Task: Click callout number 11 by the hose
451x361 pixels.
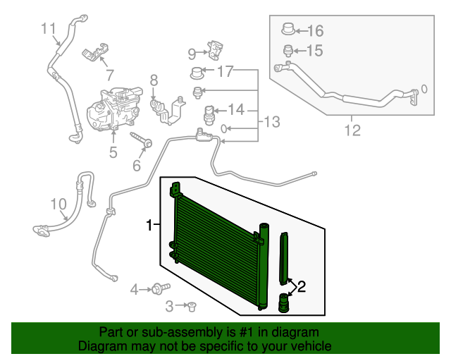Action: tap(49, 28)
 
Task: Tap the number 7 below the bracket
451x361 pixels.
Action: tap(110, 75)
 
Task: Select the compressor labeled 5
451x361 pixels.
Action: tap(114, 109)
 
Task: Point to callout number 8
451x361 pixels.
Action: tap(154, 80)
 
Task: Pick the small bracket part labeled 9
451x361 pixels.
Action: tap(215, 50)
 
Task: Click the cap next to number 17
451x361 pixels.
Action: tap(197, 73)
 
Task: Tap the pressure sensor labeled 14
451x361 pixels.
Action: tap(209, 115)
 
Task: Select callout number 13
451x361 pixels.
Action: tap(271, 122)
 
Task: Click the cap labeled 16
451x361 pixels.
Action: tap(288, 29)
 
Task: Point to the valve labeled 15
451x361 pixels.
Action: tap(288, 51)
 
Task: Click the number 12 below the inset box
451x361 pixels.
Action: tap(352, 130)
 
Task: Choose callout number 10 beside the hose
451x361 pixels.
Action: tap(58, 204)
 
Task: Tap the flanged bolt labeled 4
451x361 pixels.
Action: tap(161, 288)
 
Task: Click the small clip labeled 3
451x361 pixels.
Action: tap(191, 307)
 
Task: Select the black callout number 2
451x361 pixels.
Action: tap(302, 287)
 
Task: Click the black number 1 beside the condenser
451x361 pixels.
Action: tap(149, 226)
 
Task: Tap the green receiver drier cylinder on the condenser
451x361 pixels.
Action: tap(264, 267)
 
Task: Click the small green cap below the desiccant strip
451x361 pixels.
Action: tap(283, 302)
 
